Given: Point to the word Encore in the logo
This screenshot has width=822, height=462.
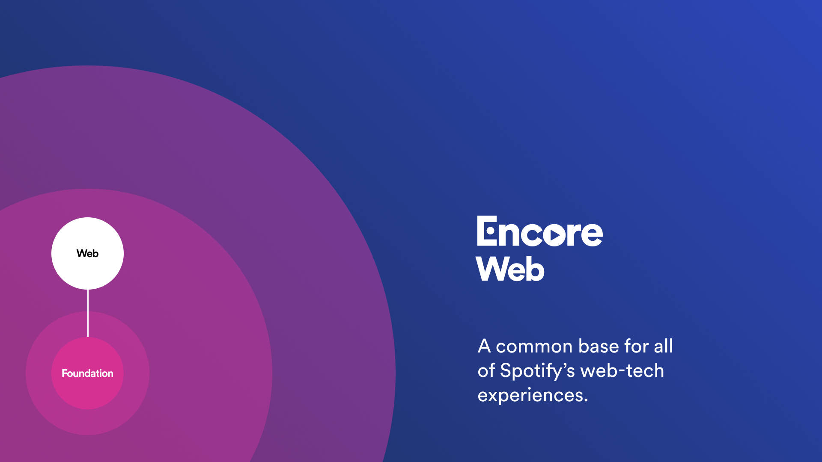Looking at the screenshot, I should click(x=539, y=232).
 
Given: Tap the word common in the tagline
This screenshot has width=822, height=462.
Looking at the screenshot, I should click(x=534, y=346).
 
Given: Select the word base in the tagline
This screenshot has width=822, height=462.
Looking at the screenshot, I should click(x=598, y=346).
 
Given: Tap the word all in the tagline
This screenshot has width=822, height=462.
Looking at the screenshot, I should click(x=663, y=346).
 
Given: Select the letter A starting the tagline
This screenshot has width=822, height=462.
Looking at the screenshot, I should click(x=484, y=346).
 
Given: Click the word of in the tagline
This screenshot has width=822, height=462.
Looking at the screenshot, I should click(x=486, y=371).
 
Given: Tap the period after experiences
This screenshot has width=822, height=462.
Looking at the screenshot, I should click(x=586, y=401).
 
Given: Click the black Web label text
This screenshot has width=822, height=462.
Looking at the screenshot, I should click(x=87, y=254).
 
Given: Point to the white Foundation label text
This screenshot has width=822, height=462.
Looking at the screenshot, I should click(x=87, y=373).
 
